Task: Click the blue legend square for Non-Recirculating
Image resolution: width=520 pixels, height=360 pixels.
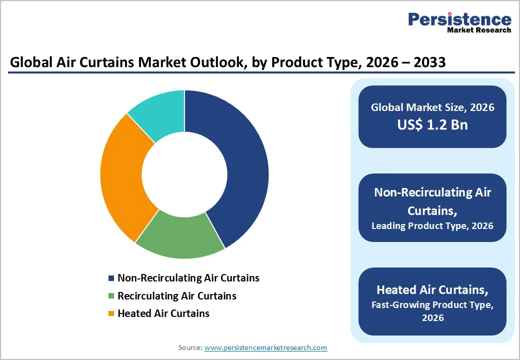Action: click(111, 278)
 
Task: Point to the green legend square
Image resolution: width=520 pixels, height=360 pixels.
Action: click(111, 296)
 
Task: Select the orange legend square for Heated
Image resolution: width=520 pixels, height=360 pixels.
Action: click(111, 314)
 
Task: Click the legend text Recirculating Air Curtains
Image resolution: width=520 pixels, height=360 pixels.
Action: click(177, 296)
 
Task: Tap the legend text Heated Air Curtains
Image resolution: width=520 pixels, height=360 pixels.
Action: click(163, 313)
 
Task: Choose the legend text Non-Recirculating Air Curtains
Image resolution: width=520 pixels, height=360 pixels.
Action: click(188, 278)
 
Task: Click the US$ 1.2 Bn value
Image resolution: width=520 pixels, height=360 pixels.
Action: click(432, 124)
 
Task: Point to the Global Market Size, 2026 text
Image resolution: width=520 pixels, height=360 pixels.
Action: click(432, 107)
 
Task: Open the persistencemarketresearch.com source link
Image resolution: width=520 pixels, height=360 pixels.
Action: click(265, 347)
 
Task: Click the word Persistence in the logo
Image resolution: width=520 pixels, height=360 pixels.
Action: click(459, 19)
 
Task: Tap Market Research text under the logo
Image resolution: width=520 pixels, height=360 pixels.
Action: click(479, 30)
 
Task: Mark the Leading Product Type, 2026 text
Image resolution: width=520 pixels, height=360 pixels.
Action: click(432, 225)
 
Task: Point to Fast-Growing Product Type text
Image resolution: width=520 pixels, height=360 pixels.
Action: click(432, 304)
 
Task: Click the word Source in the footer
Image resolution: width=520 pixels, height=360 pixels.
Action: click(189, 347)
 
